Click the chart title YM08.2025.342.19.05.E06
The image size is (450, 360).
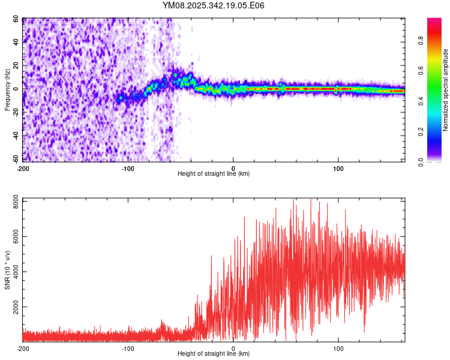tap(214, 5)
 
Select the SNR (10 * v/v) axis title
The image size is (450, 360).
tap(7, 269)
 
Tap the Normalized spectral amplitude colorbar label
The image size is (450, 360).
tap(446, 90)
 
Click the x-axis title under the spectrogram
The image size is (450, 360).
tap(214, 173)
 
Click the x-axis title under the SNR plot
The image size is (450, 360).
tap(214, 353)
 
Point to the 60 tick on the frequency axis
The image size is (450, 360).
tap(16, 19)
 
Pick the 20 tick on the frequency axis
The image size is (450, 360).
tap(16, 65)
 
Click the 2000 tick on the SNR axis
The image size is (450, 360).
tap(13, 307)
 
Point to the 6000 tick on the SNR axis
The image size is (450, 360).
tap(13, 236)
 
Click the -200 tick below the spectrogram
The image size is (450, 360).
tap(23, 168)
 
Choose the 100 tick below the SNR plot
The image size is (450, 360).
tap(338, 348)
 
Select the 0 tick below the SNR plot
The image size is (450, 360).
tap(233, 348)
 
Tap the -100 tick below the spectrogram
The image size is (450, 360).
tap(128, 168)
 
